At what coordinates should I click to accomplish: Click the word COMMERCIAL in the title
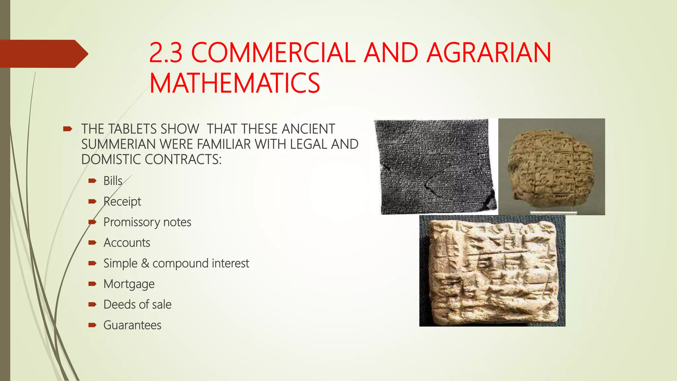click(x=273, y=53)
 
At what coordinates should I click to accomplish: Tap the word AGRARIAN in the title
click(x=489, y=53)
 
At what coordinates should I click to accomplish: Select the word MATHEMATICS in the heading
click(x=234, y=83)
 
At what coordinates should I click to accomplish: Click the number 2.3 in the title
click(x=166, y=53)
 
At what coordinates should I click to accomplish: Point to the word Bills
click(x=113, y=181)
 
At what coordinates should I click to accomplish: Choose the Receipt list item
click(x=122, y=201)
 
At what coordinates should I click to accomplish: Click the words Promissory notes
click(x=147, y=222)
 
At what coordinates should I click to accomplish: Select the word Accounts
click(x=127, y=243)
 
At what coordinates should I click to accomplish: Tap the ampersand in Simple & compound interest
click(x=145, y=264)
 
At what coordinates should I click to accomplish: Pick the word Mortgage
click(x=129, y=284)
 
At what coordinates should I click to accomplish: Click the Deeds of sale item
click(x=137, y=305)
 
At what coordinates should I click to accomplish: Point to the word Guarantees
click(x=132, y=325)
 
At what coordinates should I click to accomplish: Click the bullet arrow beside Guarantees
click(x=92, y=325)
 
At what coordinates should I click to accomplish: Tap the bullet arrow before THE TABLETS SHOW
click(x=67, y=129)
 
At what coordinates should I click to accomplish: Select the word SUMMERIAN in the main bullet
click(x=119, y=144)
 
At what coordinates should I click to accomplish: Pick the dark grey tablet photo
click(x=436, y=167)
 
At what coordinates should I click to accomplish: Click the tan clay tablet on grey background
click(x=551, y=167)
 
